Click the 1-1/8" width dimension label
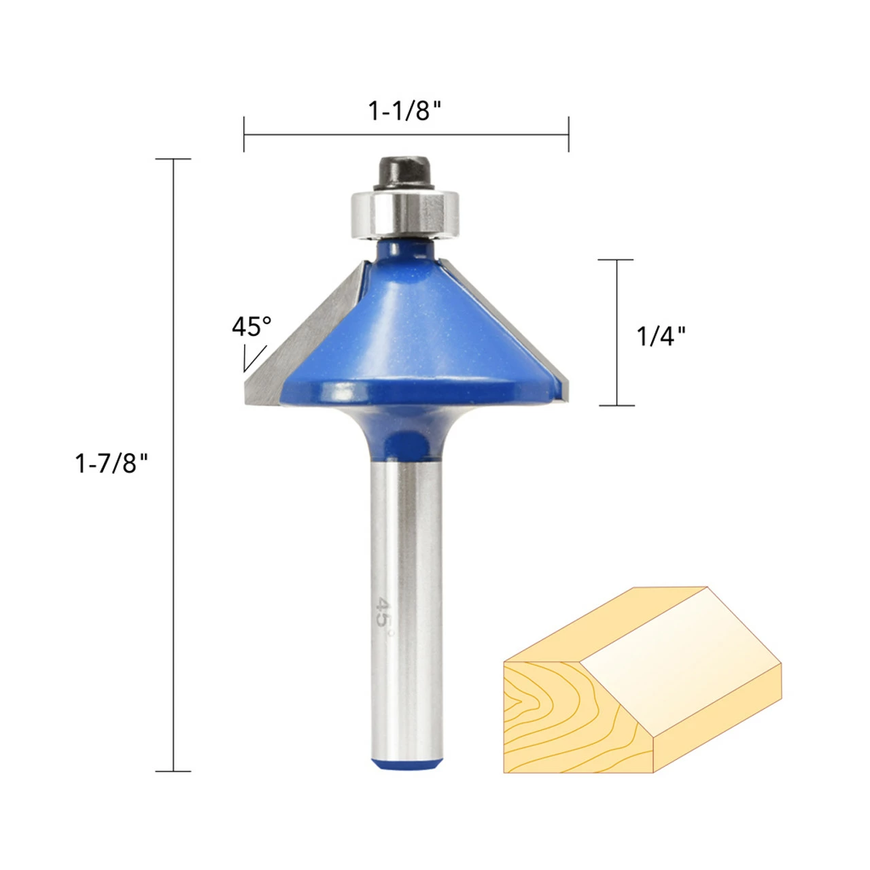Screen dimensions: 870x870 (404, 111)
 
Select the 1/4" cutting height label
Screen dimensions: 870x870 (661, 336)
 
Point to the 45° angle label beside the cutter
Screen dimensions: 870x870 (251, 326)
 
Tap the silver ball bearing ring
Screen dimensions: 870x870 (404, 213)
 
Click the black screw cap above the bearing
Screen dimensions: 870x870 (404, 173)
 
